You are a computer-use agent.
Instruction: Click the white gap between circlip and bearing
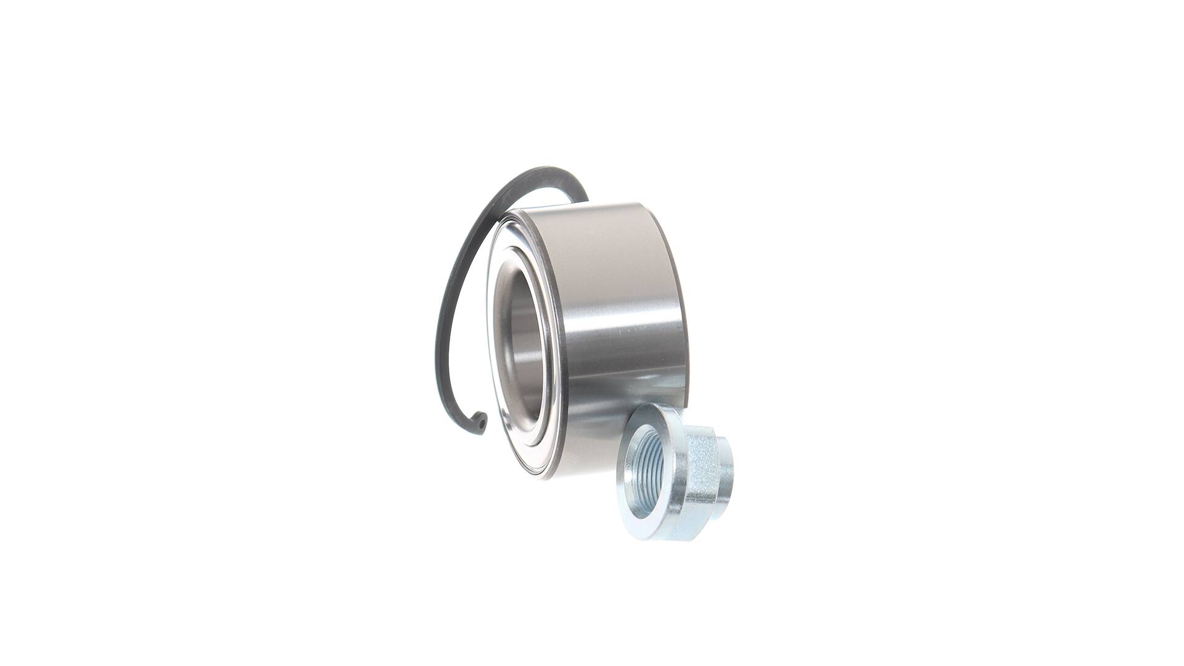click(469, 321)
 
